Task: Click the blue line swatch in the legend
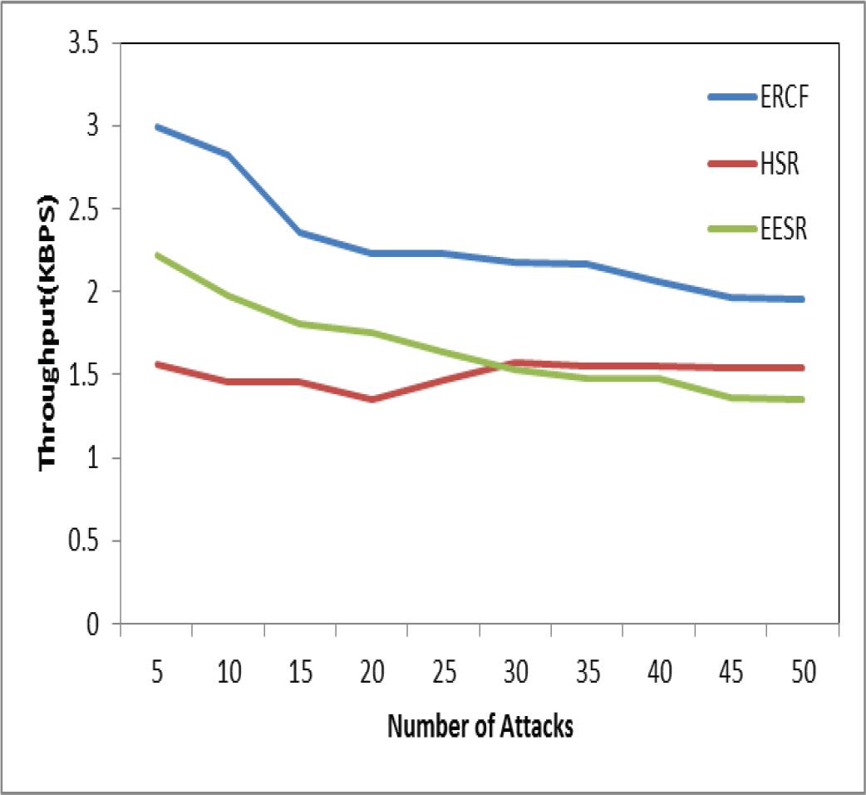coord(731,97)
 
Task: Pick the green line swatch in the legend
coord(731,230)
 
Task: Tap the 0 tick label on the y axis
coord(93,624)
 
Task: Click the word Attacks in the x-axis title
coord(536,726)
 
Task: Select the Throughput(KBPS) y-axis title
coord(47,332)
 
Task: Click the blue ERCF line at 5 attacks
coord(157,127)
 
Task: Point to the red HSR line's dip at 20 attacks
coord(371,399)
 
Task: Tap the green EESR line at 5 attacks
coord(157,255)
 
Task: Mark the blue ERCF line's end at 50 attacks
coord(802,299)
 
